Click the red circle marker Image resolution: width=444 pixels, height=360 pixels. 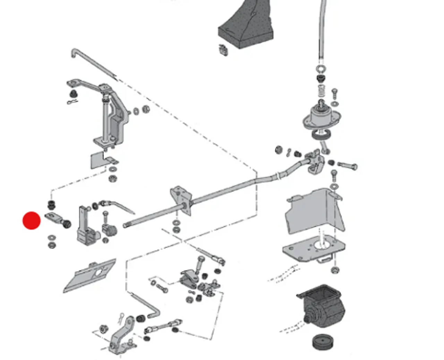pos(32,221)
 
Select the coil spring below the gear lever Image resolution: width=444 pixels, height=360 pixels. pos(322,91)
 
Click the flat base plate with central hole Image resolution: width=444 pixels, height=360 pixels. pos(314,248)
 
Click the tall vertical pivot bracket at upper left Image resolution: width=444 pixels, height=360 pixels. pos(111,114)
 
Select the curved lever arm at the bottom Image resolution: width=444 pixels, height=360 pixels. pos(121,334)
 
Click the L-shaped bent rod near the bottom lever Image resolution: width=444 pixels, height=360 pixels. pos(146,305)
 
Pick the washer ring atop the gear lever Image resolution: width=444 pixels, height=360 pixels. pos(321,68)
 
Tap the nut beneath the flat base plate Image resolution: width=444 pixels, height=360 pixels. pos(335,270)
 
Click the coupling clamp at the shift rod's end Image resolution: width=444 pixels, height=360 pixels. pos(316,161)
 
